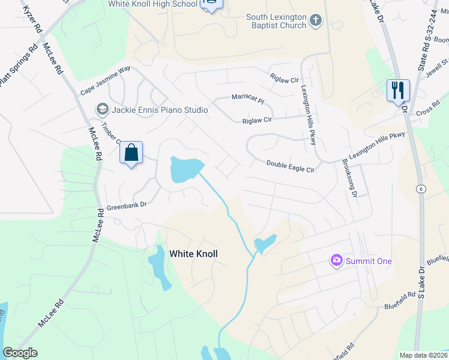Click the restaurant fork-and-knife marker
click(398, 91)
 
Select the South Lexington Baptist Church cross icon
click(316, 22)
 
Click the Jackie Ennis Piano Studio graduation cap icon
click(101, 109)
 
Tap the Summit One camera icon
click(336, 260)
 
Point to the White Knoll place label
click(193, 254)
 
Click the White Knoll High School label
click(152, 4)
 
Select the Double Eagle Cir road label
click(291, 166)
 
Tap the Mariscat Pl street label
click(248, 98)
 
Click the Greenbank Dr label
click(127, 205)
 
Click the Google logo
click(20, 353)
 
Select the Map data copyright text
click(423, 355)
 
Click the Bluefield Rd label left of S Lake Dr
click(400, 301)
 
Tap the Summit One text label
click(368, 261)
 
